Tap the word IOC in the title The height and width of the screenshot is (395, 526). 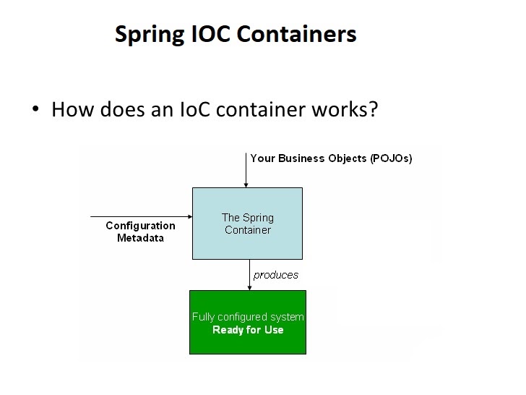[210, 34]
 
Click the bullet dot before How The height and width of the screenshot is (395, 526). [34, 111]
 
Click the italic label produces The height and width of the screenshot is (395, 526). [276, 275]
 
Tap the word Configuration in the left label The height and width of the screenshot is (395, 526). [140, 226]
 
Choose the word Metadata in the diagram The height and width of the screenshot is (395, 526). [140, 238]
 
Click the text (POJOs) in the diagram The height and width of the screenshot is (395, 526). [391, 158]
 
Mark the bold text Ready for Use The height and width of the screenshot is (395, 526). [248, 330]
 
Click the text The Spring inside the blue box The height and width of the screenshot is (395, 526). [247, 218]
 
